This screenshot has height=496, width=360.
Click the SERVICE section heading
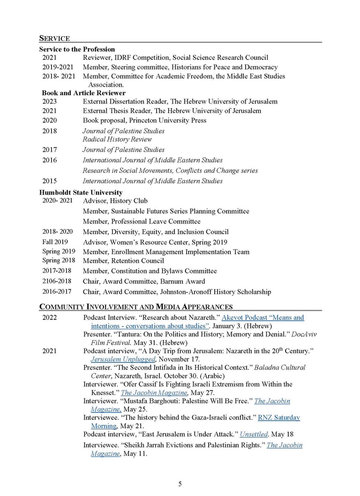54,38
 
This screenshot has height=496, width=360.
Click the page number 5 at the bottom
180,484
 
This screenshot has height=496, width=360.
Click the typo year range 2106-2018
58,281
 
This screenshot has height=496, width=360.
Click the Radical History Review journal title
117,139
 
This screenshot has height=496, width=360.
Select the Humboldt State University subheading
81,192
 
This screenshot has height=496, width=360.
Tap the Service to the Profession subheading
77,49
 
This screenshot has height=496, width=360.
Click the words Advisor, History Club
115,201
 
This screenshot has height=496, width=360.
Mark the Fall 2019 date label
55,242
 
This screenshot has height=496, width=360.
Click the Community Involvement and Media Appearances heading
136,307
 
